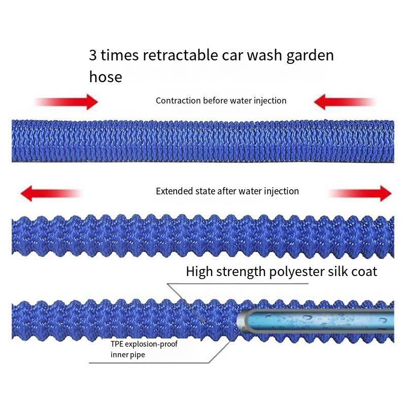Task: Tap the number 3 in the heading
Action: (x=93, y=55)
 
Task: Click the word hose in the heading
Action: (x=106, y=77)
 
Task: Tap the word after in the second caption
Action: (x=227, y=191)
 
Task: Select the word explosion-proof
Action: (x=152, y=344)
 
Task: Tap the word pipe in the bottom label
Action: (x=137, y=355)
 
